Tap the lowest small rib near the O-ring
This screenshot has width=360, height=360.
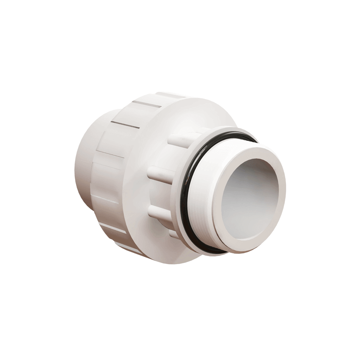pyautogui.click(x=173, y=234)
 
